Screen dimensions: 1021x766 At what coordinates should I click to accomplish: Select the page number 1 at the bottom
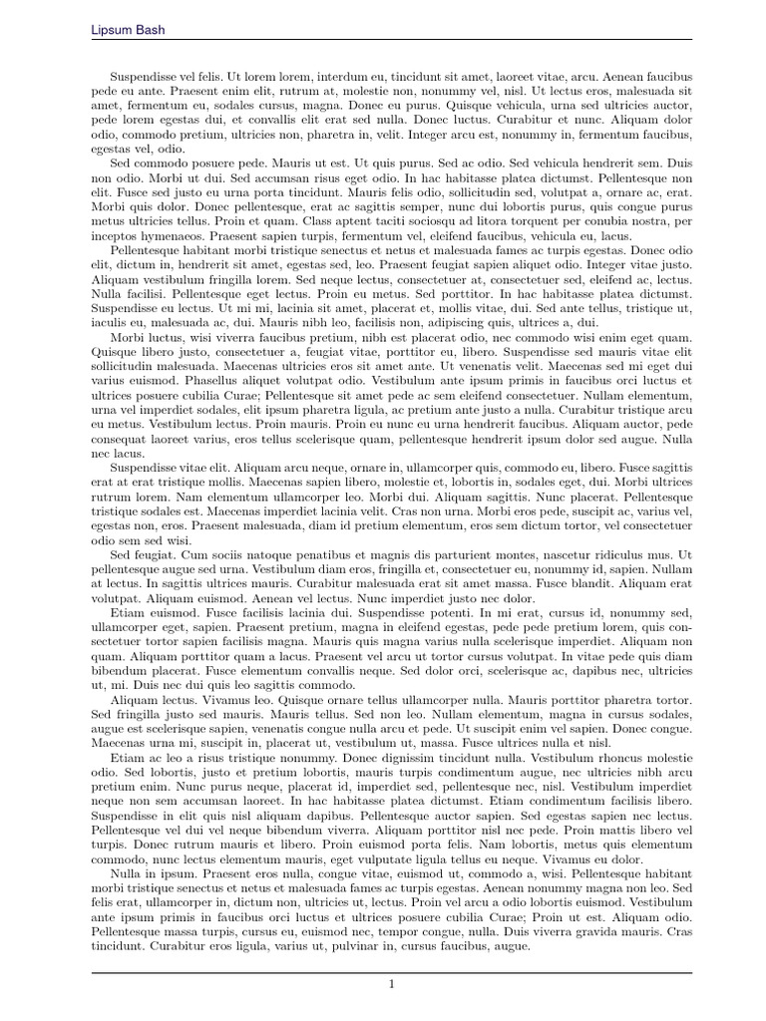tap(392, 984)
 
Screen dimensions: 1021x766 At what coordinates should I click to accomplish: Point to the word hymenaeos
tap(172, 234)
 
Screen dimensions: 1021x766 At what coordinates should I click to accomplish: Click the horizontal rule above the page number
tap(392, 972)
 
